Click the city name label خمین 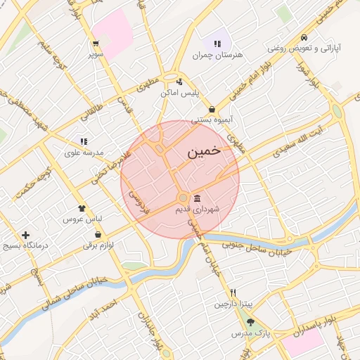click(x=205, y=151)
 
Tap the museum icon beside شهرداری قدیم click(x=196, y=198)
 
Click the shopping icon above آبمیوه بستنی click(x=212, y=109)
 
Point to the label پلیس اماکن click(x=180, y=93)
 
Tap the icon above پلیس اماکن click(x=180, y=81)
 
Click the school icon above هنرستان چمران click(x=217, y=44)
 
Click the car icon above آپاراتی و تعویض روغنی click(x=303, y=37)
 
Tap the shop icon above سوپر click(x=95, y=43)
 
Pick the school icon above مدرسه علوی click(x=84, y=141)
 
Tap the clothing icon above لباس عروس click(x=82, y=208)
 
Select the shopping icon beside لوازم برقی click(x=98, y=234)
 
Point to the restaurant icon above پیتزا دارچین click(x=233, y=292)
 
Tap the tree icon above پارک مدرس click(x=251, y=321)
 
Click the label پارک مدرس click(x=252, y=332)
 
